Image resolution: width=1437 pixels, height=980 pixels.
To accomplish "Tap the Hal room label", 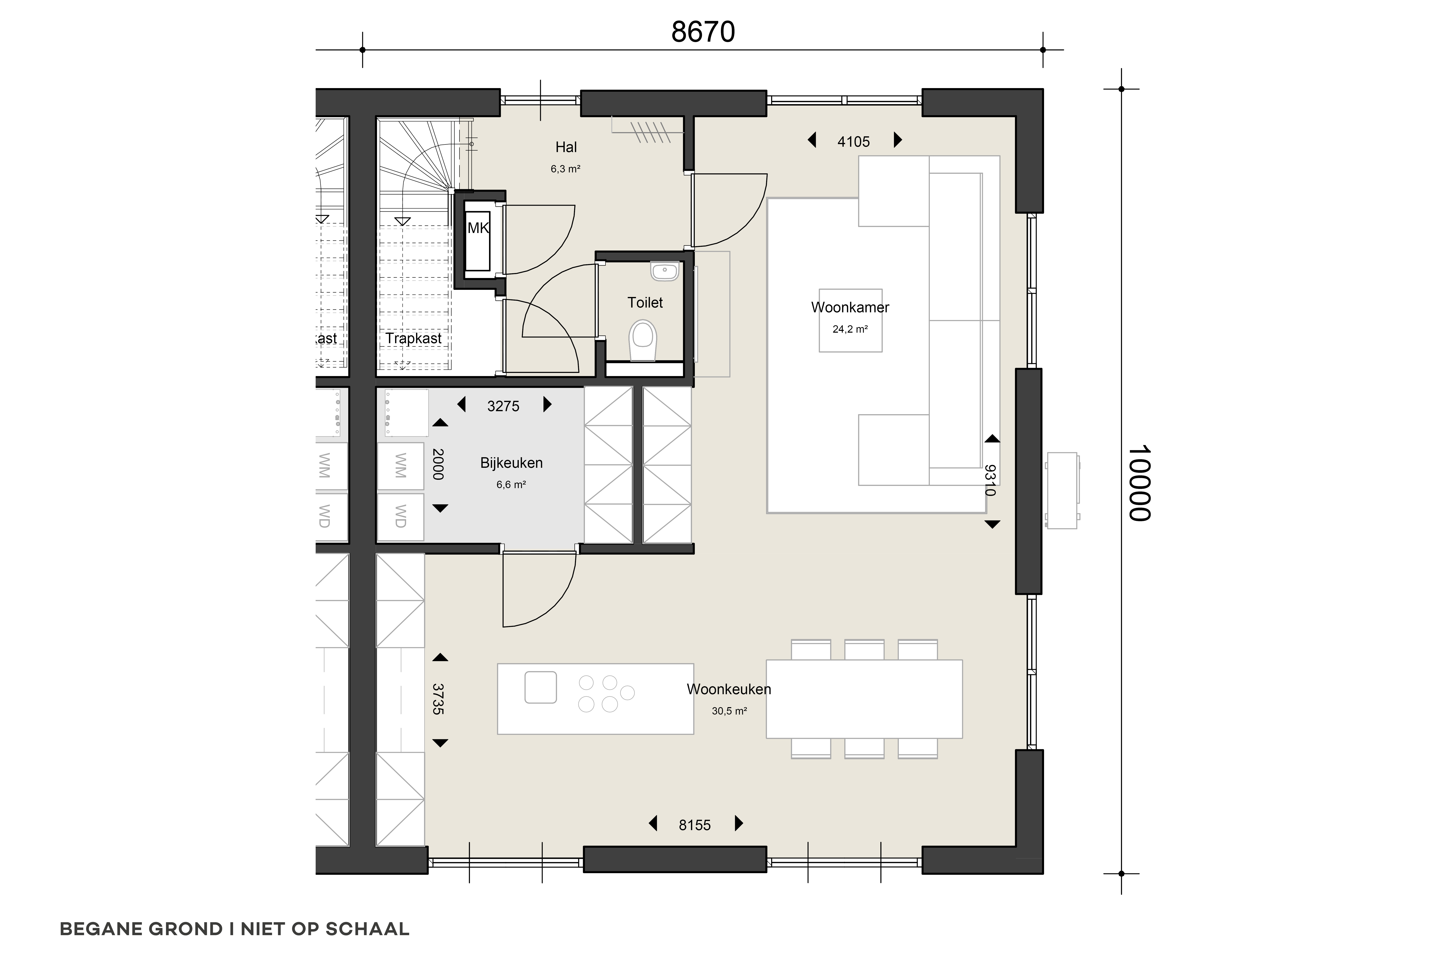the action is (x=566, y=147).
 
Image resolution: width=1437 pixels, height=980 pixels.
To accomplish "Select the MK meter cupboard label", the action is (x=478, y=228).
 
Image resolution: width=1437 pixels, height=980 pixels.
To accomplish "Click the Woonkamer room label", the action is (x=850, y=307).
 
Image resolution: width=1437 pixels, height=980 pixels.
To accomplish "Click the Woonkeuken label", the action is (x=729, y=689).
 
